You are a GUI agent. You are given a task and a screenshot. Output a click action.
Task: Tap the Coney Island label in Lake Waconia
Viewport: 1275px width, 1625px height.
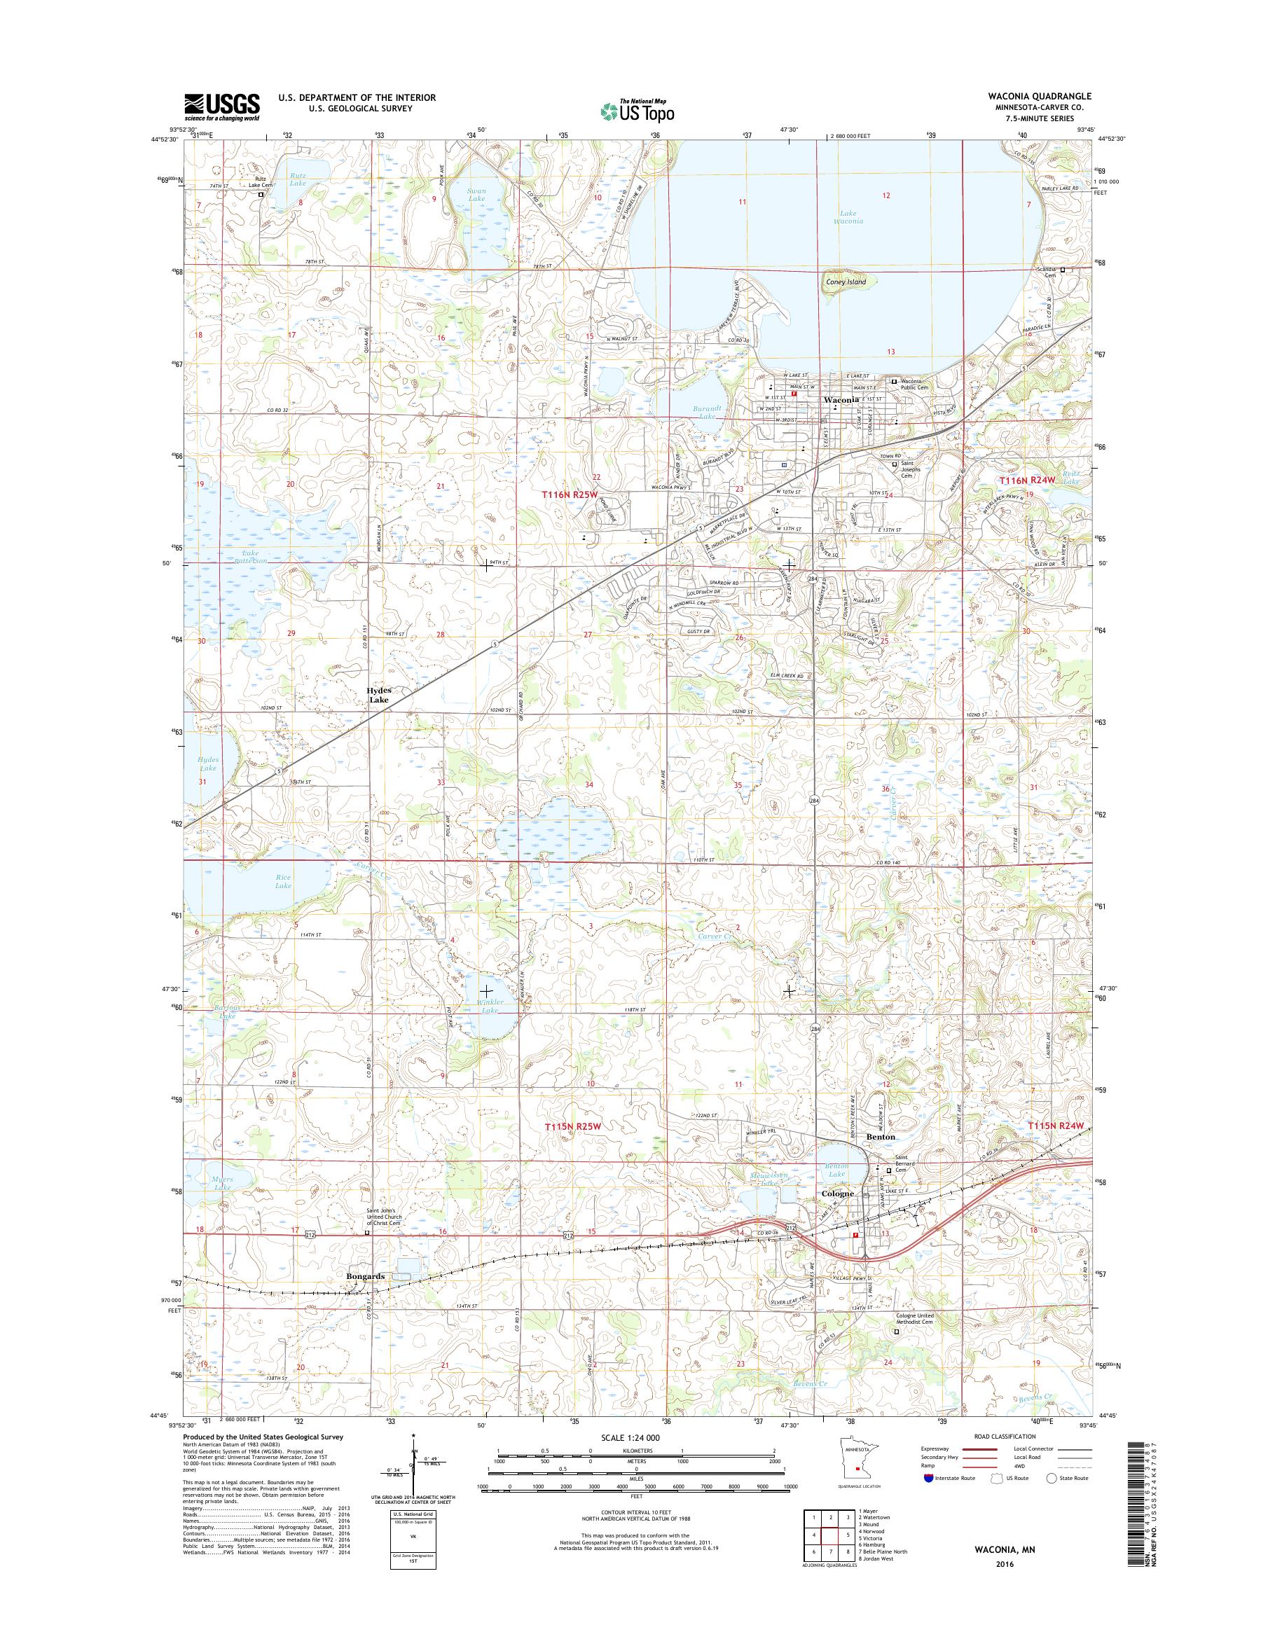(x=846, y=282)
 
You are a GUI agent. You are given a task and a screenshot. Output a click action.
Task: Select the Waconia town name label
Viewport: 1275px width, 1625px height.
(x=841, y=400)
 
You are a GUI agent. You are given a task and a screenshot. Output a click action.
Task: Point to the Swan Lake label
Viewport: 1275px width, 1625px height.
(x=476, y=195)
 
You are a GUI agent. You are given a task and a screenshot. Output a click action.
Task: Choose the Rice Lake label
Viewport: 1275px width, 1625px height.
(x=284, y=881)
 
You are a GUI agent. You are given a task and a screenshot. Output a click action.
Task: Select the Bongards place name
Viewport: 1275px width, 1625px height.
(x=366, y=1276)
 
